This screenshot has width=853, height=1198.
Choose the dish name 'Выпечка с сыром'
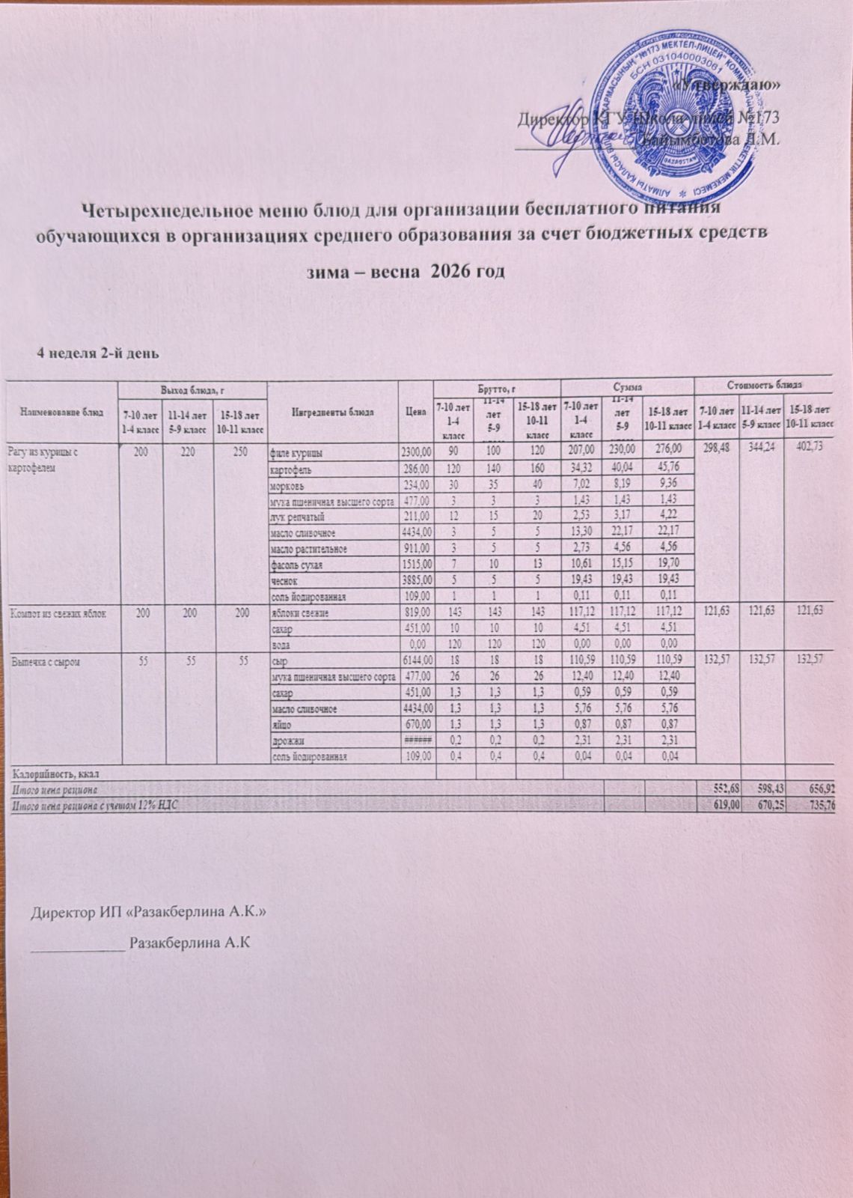[46, 663]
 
